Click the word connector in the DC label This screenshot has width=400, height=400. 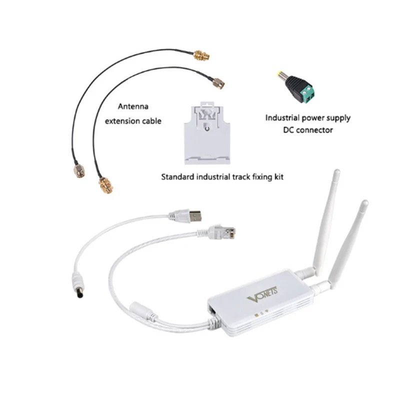[x=315, y=130]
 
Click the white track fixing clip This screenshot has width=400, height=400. [x=205, y=134]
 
